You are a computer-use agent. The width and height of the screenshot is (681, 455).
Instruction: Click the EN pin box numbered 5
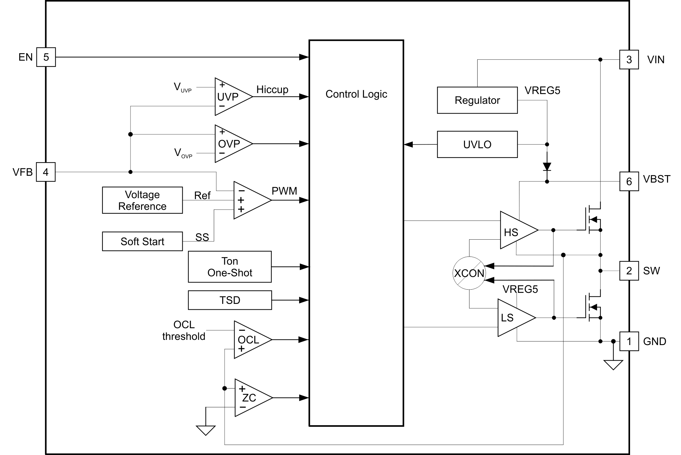coord(46,57)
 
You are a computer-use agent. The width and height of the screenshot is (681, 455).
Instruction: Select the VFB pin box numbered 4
coord(45,172)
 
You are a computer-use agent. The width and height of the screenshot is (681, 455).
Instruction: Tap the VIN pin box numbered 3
coord(629,60)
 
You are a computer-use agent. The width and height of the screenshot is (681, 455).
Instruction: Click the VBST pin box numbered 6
coord(629,181)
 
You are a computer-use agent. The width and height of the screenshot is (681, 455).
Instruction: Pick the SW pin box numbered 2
coord(629,271)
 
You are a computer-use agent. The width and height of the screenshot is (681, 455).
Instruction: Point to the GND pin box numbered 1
coord(629,341)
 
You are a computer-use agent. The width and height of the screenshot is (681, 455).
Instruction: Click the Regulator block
coord(477,100)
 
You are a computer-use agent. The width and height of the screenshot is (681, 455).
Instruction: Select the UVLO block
coord(477,144)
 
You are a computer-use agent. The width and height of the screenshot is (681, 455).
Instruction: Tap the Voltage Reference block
coord(142,200)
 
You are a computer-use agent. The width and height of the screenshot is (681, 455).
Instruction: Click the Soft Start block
coord(142,241)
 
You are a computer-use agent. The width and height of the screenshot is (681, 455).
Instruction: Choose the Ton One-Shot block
coord(230,267)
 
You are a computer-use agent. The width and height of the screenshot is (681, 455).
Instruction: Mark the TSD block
coord(230,300)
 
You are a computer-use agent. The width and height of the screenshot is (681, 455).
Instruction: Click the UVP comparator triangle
coord(230,97)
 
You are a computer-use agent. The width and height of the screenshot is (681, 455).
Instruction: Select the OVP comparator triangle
coord(230,144)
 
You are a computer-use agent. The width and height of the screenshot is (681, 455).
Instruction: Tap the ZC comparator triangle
coord(250,398)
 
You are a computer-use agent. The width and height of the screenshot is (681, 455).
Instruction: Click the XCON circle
coord(469,273)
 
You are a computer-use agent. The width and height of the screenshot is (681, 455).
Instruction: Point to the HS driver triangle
coord(516,230)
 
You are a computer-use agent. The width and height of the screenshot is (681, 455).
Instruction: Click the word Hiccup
coord(272,90)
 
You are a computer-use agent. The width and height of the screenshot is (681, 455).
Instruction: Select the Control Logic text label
coord(356,94)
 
